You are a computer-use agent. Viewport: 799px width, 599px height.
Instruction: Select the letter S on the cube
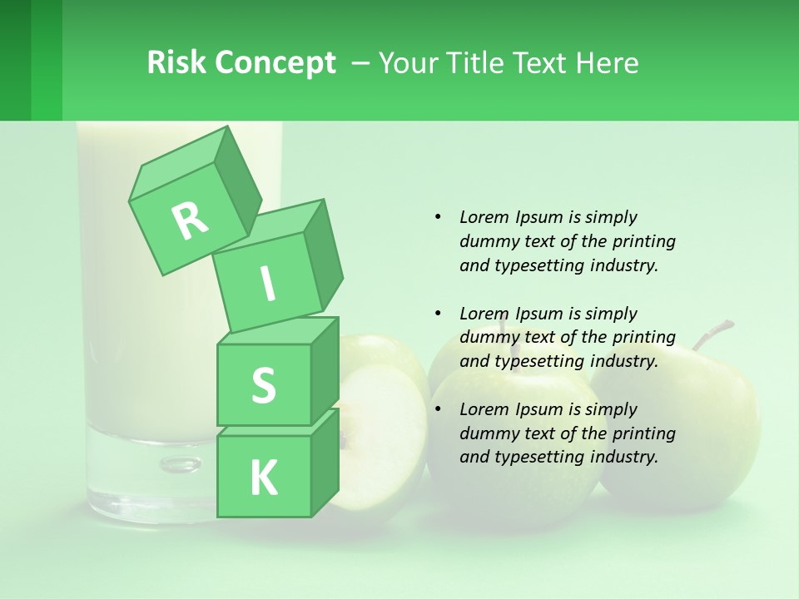(x=263, y=385)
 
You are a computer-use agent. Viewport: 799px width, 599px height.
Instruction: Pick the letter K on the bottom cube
(x=263, y=478)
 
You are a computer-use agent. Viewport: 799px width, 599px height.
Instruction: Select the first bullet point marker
(x=438, y=217)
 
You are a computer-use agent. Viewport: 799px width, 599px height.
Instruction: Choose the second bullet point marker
(x=438, y=314)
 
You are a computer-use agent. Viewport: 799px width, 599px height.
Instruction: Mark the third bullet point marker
(x=438, y=409)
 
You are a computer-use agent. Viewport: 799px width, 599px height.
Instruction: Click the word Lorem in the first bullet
(x=484, y=217)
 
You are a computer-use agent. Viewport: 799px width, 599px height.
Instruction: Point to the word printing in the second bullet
(x=643, y=338)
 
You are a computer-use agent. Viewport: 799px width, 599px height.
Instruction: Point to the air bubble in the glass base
(x=181, y=463)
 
